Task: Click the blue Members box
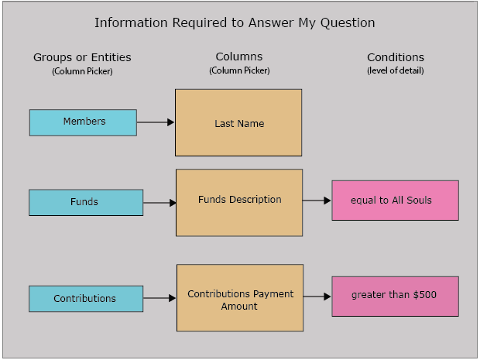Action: click(83, 122)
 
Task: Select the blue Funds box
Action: click(86, 202)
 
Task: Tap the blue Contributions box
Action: click(86, 299)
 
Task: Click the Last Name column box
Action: click(238, 122)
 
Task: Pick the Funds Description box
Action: click(239, 203)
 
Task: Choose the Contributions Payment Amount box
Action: click(240, 298)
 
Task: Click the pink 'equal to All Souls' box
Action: click(395, 201)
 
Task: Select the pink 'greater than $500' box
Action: click(395, 297)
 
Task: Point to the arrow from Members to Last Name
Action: click(156, 122)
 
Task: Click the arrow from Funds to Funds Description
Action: click(159, 203)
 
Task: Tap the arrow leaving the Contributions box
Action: click(159, 298)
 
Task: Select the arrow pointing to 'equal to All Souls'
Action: click(317, 201)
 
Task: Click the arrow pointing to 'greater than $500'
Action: click(317, 297)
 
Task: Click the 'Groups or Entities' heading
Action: click(82, 57)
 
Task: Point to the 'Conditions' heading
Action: click(396, 57)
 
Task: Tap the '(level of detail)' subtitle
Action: click(396, 70)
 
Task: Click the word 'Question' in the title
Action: click(348, 23)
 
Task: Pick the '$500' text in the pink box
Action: click(424, 294)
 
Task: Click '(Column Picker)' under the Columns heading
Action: click(239, 70)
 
